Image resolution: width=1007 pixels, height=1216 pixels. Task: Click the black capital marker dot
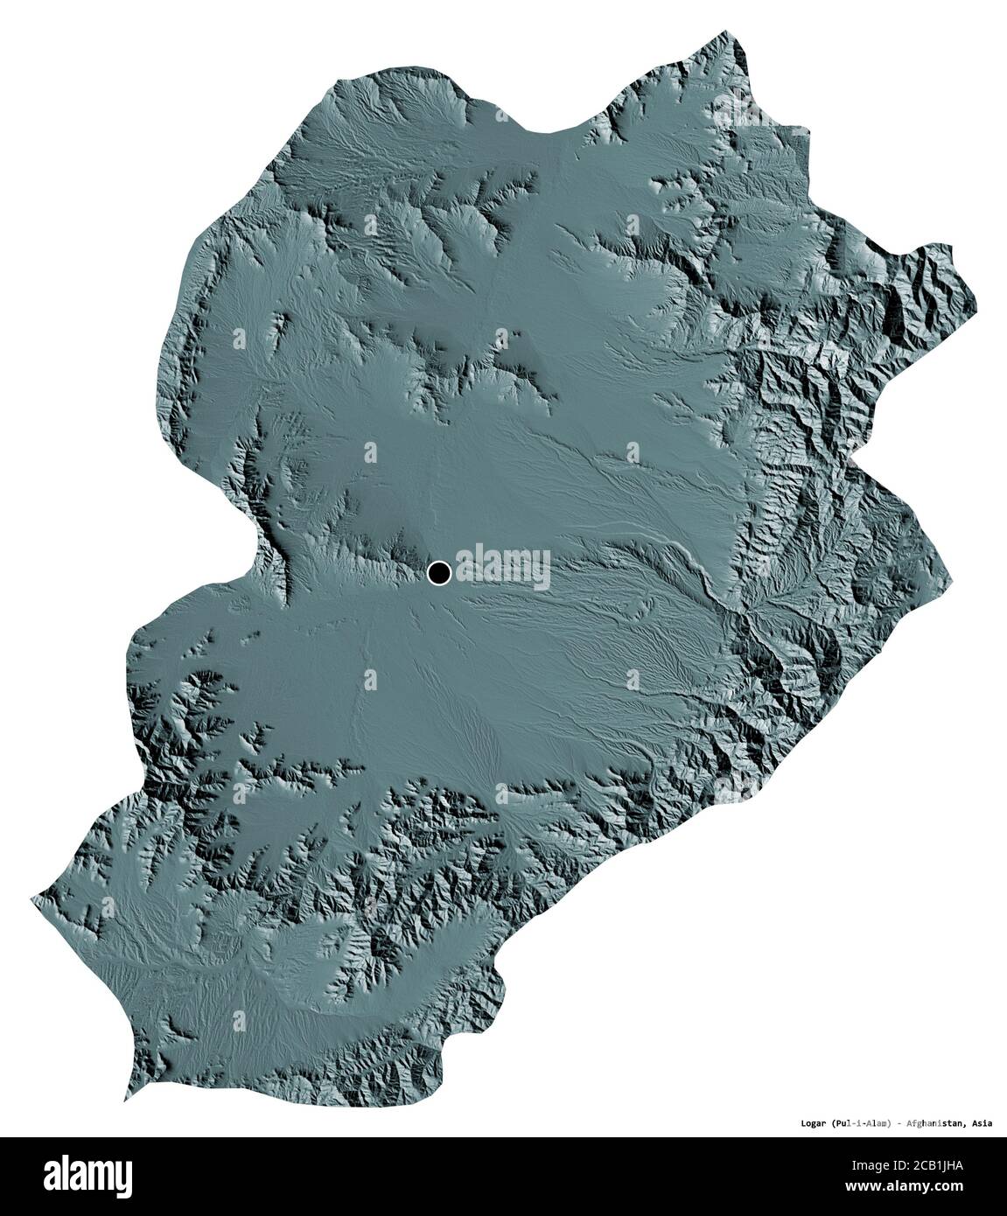pyautogui.click(x=438, y=573)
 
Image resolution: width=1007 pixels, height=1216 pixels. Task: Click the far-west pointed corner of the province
pyautogui.click(x=32, y=895)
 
